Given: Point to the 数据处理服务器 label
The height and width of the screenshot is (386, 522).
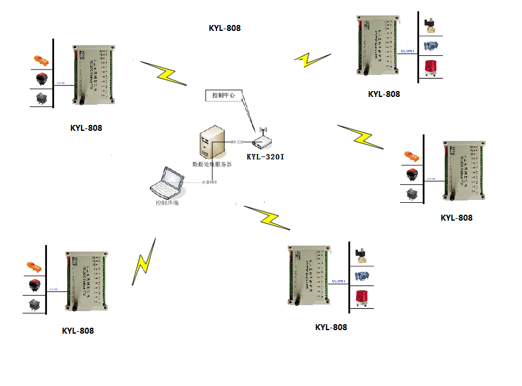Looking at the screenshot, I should pos(212,164).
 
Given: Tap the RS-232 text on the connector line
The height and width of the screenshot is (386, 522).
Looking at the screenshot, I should pos(236,142).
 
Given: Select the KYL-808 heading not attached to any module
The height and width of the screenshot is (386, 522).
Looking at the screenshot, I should pos(225,28).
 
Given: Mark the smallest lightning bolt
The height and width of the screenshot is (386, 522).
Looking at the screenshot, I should pos(312,59).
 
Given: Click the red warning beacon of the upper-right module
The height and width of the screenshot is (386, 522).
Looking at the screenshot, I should pos(430,67).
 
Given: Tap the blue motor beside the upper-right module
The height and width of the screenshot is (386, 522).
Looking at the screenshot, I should pos(430,45).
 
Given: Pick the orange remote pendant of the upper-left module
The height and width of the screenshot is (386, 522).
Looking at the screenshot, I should pos(41,60).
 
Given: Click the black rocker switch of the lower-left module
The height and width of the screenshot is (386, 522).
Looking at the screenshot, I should pos(34,305).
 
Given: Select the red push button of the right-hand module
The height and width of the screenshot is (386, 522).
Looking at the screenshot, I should pos(411,174).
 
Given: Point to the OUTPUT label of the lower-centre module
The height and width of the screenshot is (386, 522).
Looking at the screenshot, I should pos(338,281).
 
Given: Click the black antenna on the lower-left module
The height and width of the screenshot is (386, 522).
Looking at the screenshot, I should pos(76,306).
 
